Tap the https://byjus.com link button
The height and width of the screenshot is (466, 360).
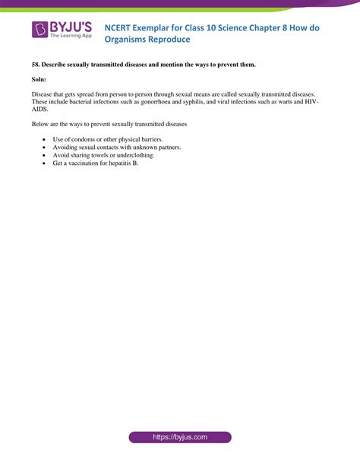(180, 437)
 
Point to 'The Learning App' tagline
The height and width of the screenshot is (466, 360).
(71, 36)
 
